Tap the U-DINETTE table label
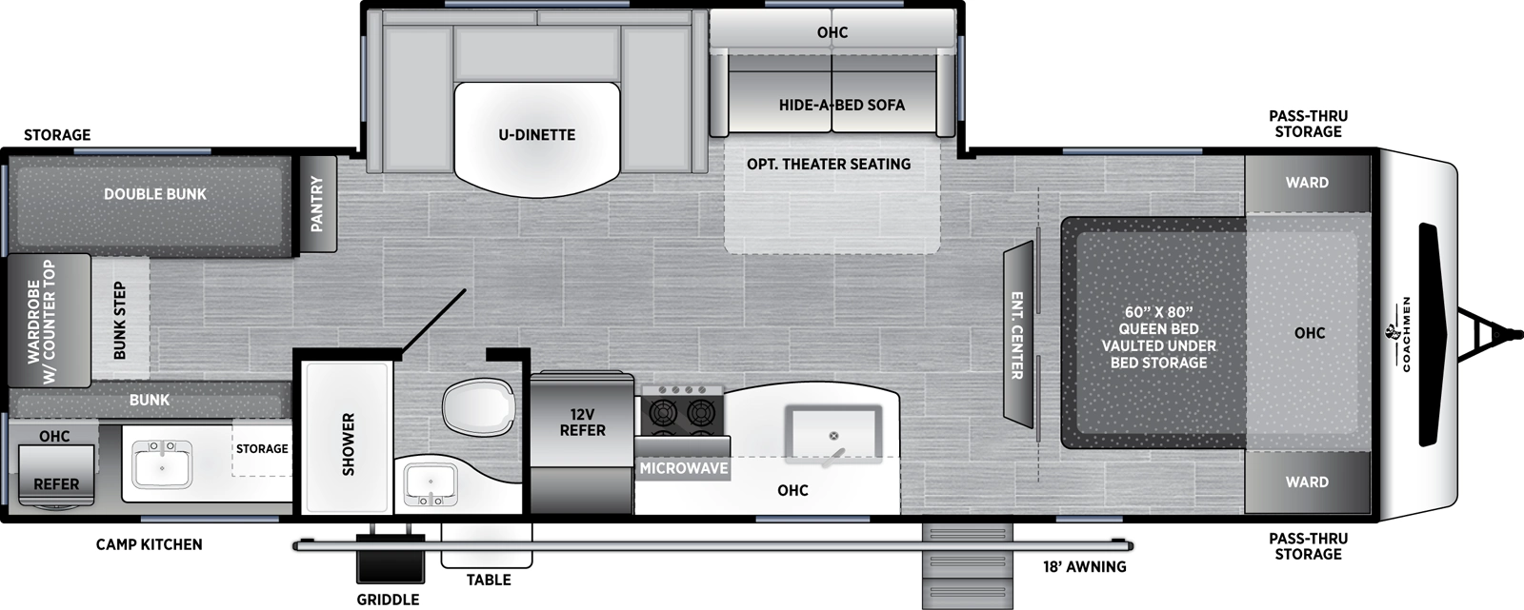(536, 135)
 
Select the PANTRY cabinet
(317, 204)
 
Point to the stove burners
(682, 412)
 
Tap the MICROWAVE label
(683, 468)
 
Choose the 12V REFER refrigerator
(582, 423)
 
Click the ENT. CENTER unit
(1017, 335)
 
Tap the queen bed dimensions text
(1158, 312)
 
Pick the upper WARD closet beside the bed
(1306, 183)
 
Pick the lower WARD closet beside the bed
(1306, 482)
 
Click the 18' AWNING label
(1084, 567)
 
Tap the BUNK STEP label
(120, 321)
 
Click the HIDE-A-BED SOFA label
(841, 105)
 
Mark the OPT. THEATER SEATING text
(828, 165)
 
